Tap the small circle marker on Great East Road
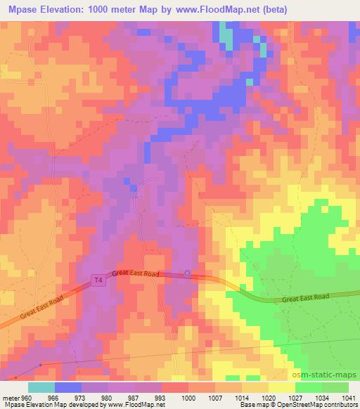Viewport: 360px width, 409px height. point(187,273)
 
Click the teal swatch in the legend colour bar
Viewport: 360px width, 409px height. point(41,387)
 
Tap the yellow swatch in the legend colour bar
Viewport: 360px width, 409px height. point(282,387)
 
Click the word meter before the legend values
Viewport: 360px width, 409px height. point(11,395)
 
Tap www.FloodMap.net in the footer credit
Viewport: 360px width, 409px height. point(138,405)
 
